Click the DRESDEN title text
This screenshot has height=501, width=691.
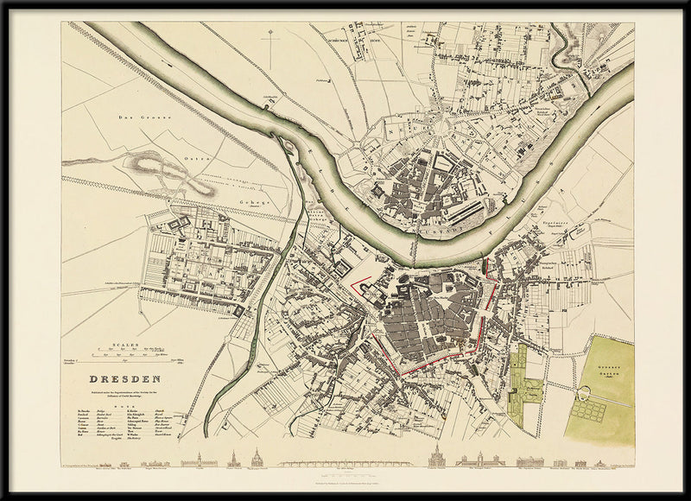click(x=125, y=378)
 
